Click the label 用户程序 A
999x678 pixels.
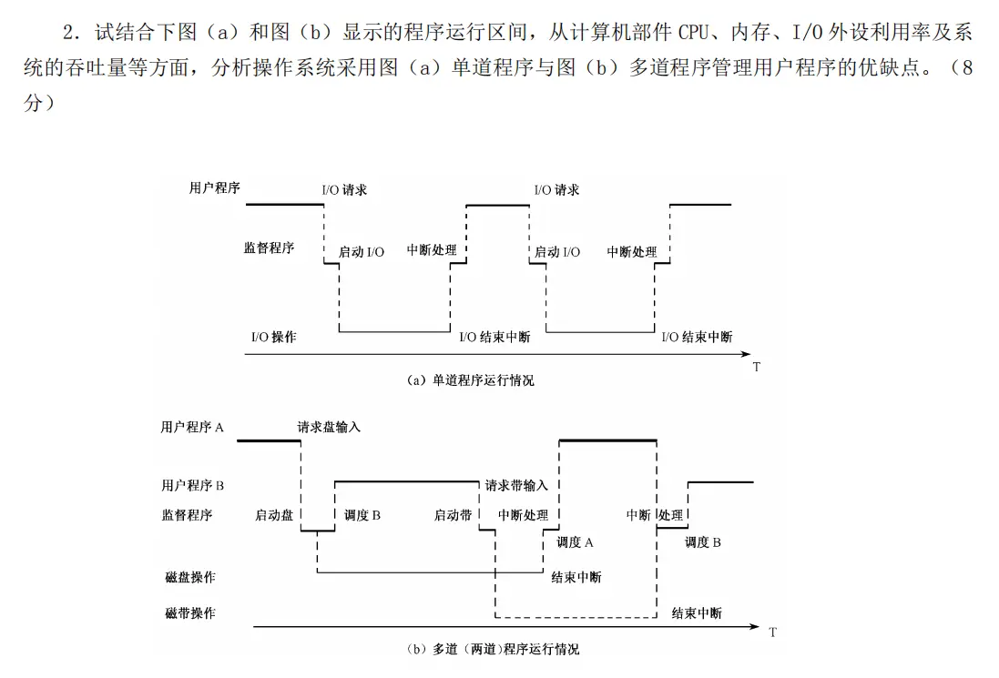192,426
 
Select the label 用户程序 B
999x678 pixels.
192,486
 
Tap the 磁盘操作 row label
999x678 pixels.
190,577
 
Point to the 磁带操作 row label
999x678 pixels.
190,613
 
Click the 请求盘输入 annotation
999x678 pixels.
329,426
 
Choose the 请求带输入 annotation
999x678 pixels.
516,486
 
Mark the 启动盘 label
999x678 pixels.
274,515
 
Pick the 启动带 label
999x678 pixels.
453,515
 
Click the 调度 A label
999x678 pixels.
575,542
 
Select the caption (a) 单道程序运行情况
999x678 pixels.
470,380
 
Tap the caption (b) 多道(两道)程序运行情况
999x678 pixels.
493,650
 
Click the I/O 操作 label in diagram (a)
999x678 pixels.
274,337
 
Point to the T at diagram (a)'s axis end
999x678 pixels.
757,367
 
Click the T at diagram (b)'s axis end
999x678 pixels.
772,632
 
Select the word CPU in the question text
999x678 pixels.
696,33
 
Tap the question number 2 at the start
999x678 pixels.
68,34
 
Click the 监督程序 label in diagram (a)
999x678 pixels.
269,248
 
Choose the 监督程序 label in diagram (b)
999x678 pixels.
187,515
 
